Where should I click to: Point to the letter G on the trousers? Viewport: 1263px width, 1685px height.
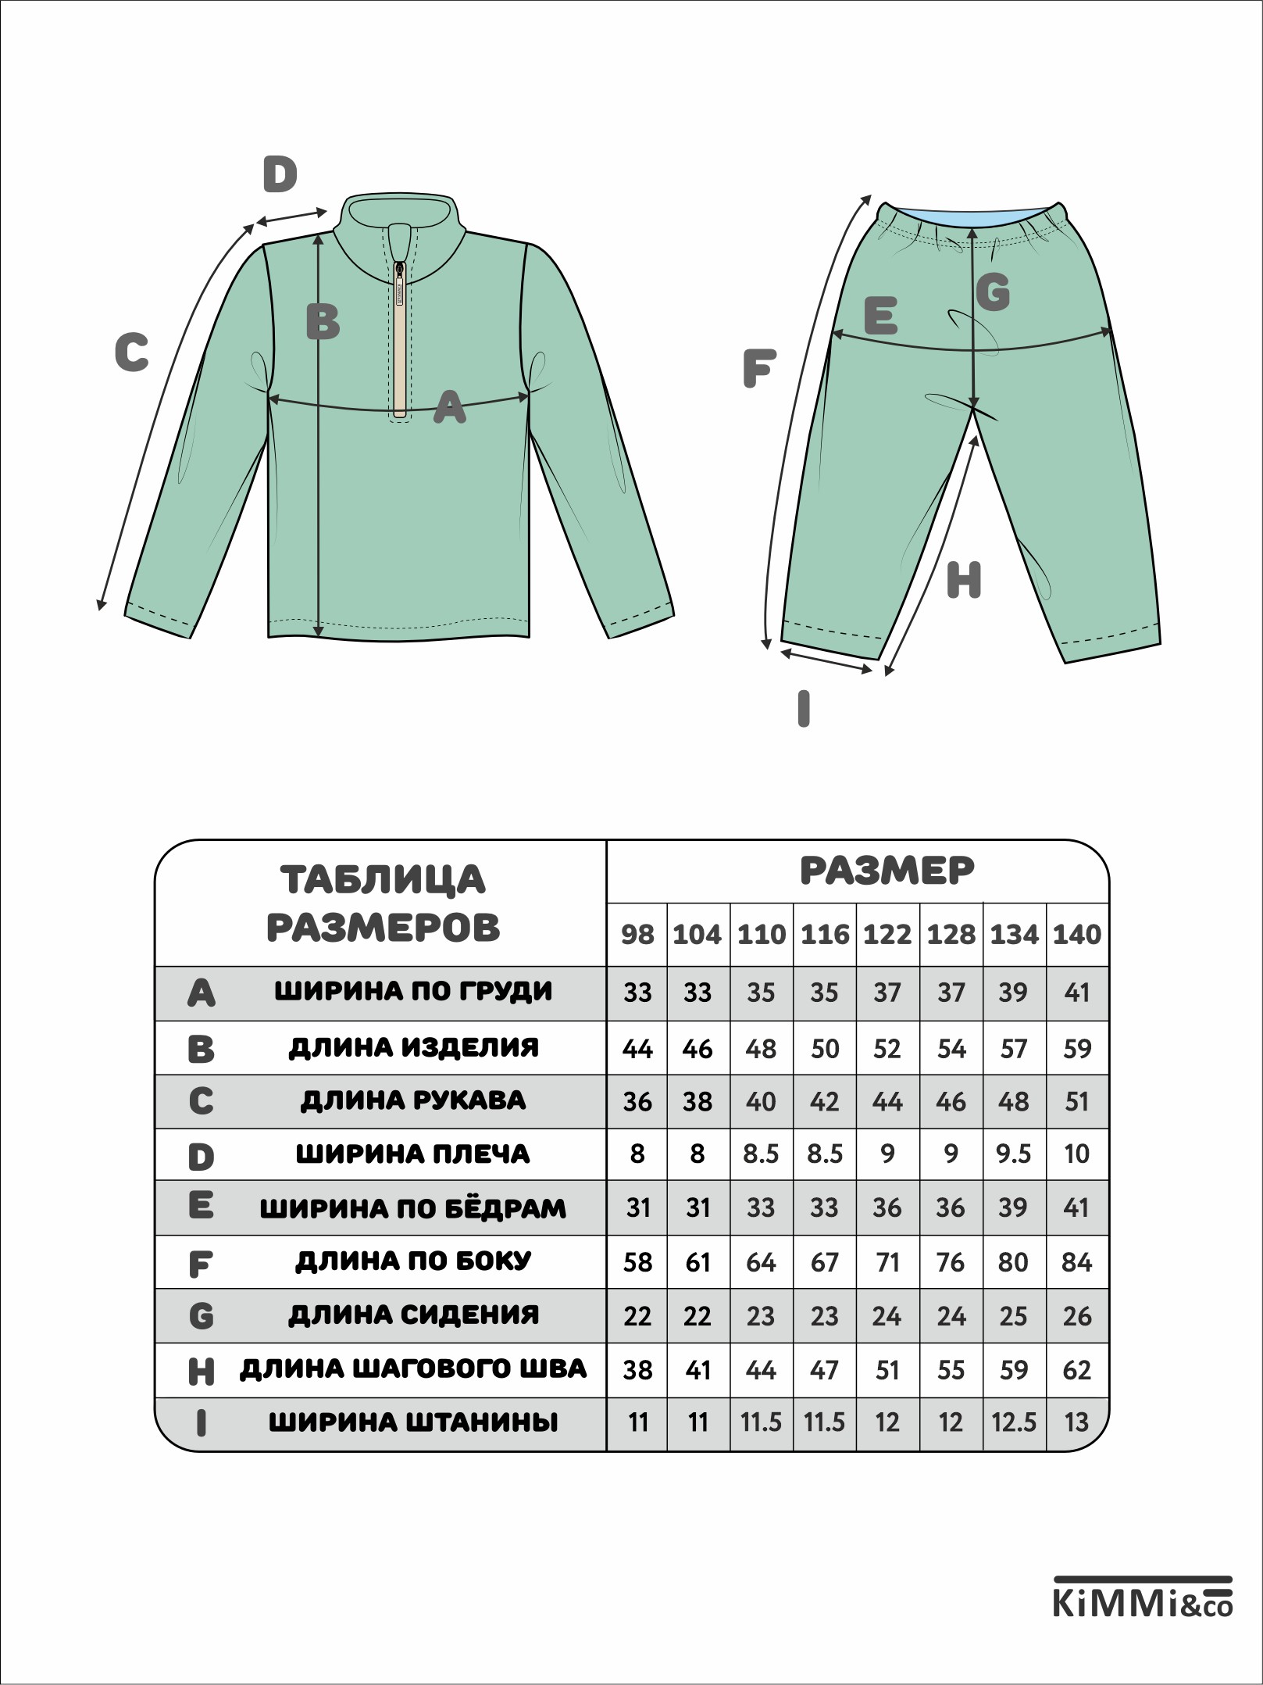993,292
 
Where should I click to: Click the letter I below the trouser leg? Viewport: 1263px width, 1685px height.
803,709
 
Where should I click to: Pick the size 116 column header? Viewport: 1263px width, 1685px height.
825,935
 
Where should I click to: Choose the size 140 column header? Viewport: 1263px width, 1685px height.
1077,935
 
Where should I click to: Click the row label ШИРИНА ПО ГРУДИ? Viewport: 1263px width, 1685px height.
413,992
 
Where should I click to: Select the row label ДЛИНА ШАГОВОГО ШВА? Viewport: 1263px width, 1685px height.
413,1368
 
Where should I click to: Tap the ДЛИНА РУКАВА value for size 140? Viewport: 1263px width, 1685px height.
1077,1101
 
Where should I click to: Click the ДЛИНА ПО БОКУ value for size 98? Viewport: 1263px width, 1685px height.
637,1262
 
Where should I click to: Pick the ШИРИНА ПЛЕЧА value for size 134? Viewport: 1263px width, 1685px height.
1014,1154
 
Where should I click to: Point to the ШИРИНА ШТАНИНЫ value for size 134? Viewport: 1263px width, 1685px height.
1014,1422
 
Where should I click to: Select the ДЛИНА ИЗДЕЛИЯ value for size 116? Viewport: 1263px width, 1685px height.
825,1048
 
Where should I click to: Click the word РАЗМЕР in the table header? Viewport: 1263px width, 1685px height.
887,871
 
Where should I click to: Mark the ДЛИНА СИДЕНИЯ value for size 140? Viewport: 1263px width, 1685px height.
1077,1316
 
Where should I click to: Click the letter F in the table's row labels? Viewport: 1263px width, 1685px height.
201,1264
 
